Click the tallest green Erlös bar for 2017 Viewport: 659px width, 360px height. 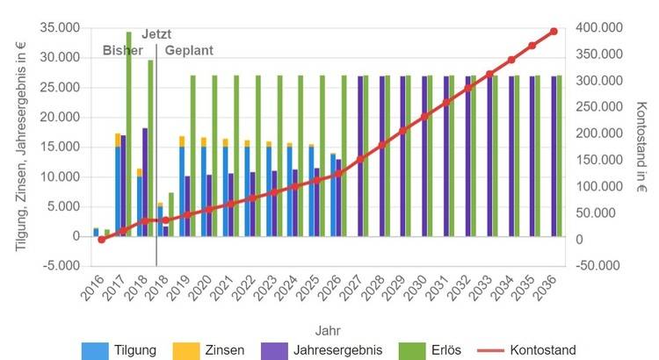coord(128,132)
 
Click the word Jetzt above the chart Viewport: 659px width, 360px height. coord(156,33)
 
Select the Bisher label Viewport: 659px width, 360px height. coord(122,50)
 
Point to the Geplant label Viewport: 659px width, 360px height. coord(189,50)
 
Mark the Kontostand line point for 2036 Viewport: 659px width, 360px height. coord(554,32)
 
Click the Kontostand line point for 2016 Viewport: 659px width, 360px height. coord(101,239)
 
